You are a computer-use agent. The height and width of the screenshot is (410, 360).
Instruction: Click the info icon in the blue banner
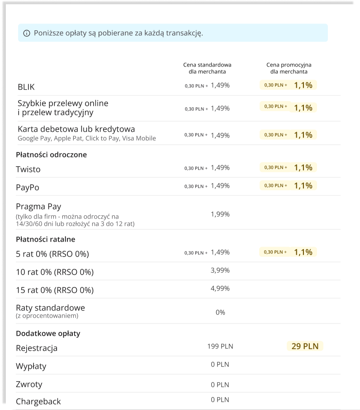tap(27, 33)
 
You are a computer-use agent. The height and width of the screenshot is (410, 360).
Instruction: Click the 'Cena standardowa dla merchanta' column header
tap(207, 68)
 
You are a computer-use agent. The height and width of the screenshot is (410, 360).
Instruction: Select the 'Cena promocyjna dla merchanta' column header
tap(289, 68)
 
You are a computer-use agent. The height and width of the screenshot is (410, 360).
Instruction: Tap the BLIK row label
tap(26, 87)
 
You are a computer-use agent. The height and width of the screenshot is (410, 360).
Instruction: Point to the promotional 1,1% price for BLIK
tap(303, 85)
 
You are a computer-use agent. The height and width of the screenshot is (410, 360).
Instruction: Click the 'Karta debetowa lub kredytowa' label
tap(76, 129)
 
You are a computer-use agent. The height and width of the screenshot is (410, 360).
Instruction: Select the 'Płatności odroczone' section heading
tap(51, 155)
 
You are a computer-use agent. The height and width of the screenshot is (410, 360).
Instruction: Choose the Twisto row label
tap(28, 170)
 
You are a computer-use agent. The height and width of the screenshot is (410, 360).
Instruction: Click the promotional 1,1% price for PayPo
tap(303, 186)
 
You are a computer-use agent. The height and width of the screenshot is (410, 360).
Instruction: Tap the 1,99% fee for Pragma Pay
tap(220, 214)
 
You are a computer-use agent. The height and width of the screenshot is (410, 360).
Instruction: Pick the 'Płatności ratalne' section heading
tap(45, 239)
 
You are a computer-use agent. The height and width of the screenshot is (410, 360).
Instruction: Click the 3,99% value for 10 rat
tap(220, 271)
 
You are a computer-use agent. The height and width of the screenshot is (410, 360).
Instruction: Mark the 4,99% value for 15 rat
tap(220, 289)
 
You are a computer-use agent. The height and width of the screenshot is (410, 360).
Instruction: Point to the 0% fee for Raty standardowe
tap(220, 312)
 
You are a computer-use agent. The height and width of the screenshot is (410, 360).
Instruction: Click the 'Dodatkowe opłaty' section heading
tap(48, 334)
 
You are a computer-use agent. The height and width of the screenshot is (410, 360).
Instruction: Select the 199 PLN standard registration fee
tap(220, 347)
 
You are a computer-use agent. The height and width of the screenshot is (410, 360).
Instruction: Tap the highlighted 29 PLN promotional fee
tap(305, 347)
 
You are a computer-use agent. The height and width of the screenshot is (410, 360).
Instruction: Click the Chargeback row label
tap(38, 401)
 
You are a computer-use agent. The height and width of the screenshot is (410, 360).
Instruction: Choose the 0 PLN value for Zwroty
tap(220, 385)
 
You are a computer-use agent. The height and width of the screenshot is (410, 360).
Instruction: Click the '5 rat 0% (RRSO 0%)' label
tap(52, 254)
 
